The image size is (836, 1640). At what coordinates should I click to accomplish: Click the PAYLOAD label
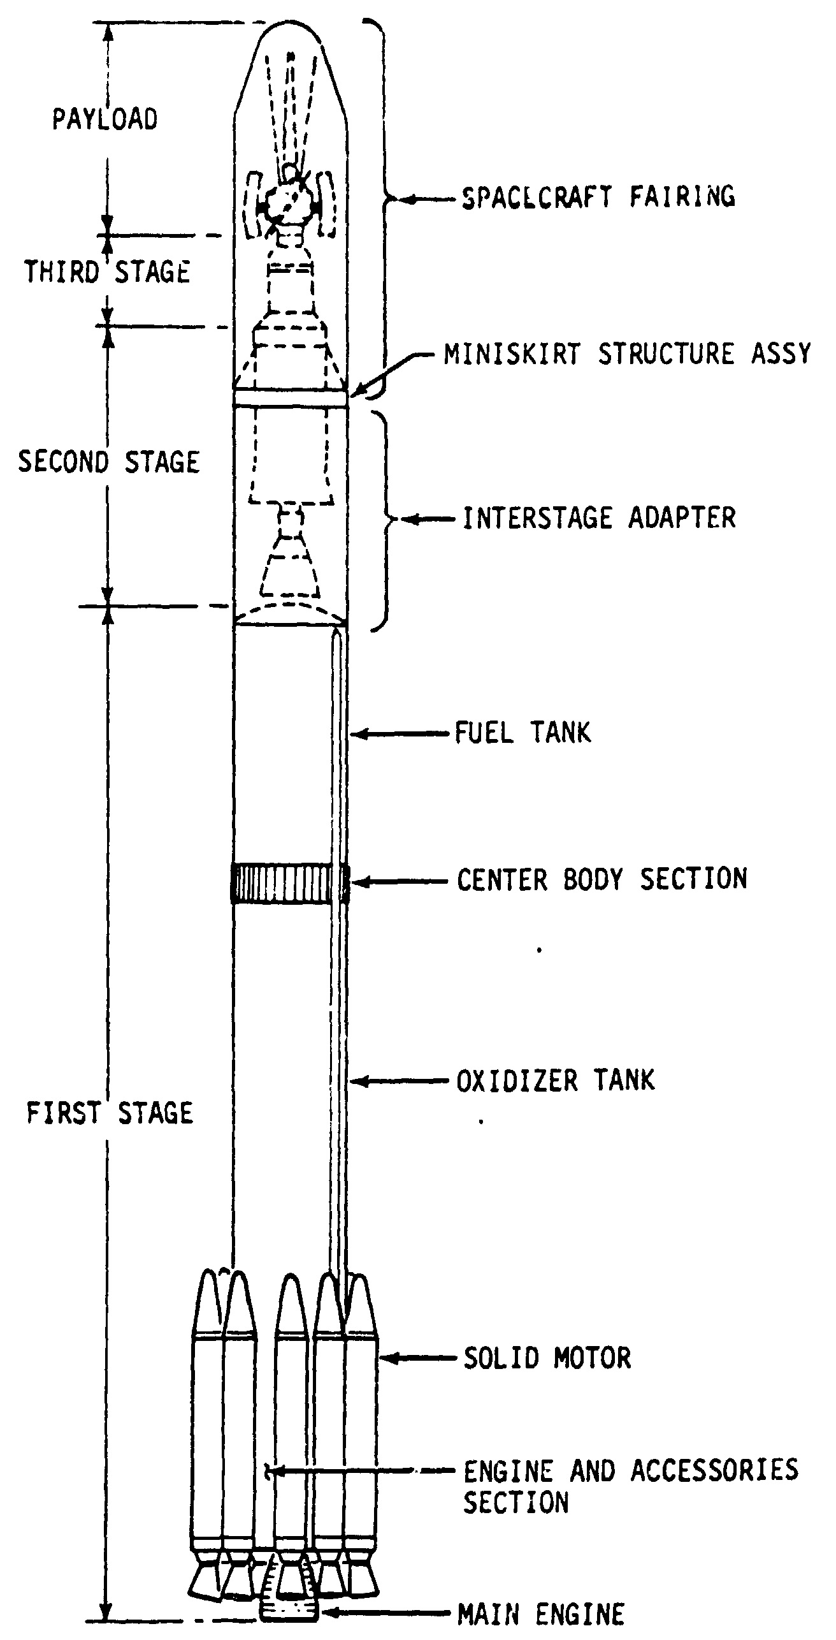pos(104,119)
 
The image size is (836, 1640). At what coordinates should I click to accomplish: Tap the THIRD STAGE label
pos(107,272)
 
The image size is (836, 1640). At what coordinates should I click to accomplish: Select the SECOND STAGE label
pos(109,462)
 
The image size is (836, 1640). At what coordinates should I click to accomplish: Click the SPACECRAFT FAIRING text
pos(598,196)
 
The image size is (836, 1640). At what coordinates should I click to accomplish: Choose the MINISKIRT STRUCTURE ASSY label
pos(628,354)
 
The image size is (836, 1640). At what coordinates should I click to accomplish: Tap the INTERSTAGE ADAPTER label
pos(599,518)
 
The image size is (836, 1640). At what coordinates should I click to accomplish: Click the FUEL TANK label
pos(522,733)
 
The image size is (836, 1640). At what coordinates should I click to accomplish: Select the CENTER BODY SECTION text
pos(602,879)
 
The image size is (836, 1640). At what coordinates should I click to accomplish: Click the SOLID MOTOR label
pos(547,1358)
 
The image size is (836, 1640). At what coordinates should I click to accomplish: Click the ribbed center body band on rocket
pos(290,882)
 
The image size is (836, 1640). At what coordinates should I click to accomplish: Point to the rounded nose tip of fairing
pos(291,29)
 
